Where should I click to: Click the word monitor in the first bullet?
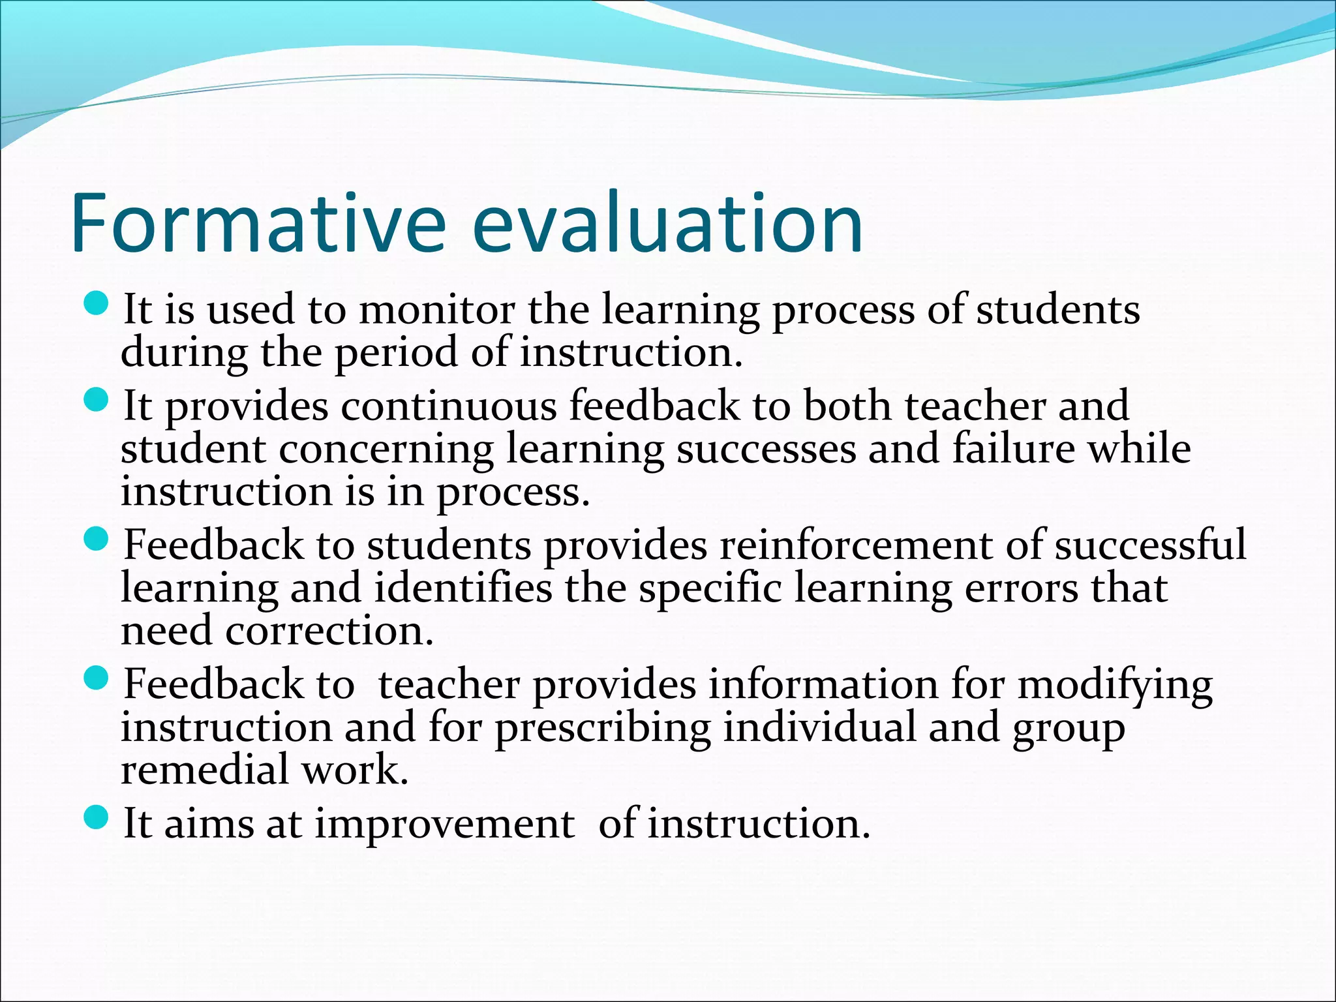pyautogui.click(x=436, y=309)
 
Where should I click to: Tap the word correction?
pyautogui.click(x=329, y=631)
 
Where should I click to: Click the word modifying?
pyautogui.click(x=1115, y=685)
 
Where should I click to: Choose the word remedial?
pyautogui.click(x=205, y=770)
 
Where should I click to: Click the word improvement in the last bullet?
pyautogui.click(x=445, y=823)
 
